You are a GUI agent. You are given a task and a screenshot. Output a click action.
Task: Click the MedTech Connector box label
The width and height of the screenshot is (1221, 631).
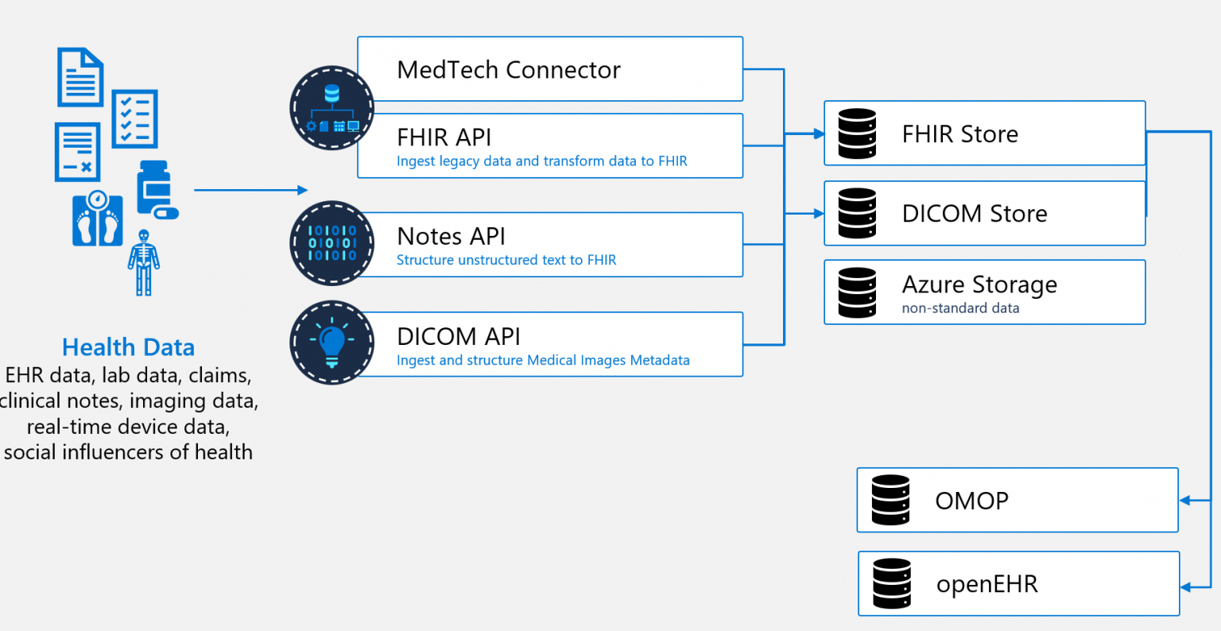[x=508, y=70]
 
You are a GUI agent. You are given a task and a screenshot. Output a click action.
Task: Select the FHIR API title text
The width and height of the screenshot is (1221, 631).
[x=444, y=137]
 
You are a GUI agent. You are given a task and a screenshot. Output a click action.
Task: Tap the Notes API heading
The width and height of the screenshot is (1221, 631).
[x=451, y=236]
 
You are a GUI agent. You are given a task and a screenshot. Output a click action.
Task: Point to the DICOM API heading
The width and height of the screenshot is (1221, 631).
[x=458, y=336]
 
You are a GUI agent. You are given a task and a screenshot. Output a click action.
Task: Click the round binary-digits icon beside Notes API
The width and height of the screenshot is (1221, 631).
[x=332, y=243]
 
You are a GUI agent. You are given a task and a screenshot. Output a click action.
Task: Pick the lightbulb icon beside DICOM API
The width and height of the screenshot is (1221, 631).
[x=332, y=343]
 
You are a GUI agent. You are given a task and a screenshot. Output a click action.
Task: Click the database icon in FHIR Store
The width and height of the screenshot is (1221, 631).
[x=857, y=134]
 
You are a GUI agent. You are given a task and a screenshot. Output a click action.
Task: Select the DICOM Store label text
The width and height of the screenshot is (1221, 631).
[x=974, y=213]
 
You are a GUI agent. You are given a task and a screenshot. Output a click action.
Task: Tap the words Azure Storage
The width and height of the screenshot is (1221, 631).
[x=979, y=284]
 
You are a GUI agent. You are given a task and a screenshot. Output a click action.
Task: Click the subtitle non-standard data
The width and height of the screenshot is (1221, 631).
[x=960, y=308]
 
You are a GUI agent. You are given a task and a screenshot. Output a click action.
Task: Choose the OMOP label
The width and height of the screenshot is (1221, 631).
[x=971, y=501]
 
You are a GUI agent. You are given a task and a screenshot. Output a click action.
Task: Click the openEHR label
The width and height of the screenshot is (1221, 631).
[x=986, y=584]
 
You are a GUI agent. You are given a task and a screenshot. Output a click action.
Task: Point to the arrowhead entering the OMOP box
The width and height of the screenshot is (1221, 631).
[x=1184, y=501]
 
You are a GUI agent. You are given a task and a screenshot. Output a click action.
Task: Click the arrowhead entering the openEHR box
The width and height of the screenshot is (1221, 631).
[x=1185, y=587]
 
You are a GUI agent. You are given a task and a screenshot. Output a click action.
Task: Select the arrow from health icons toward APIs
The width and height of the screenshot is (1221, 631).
[x=250, y=190]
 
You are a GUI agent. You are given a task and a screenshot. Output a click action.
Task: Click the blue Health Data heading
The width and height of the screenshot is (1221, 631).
[x=128, y=347]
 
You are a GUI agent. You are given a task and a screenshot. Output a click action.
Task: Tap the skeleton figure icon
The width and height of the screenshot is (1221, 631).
[x=143, y=262]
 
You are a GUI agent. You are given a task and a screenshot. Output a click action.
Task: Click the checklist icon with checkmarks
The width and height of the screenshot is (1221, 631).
[x=134, y=119]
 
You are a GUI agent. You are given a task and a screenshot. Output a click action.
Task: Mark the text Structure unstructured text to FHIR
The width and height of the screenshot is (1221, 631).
[x=506, y=260]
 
